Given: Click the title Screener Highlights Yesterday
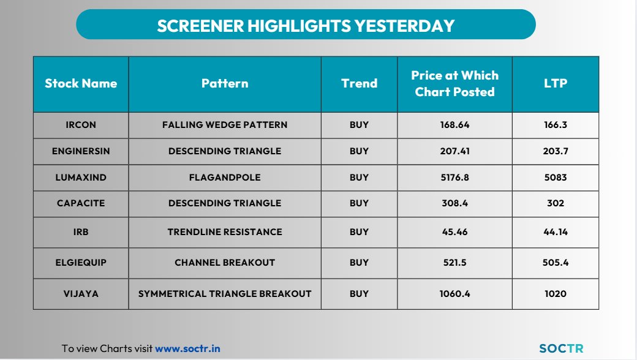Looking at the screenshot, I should [x=306, y=25].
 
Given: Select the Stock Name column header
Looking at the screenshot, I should [x=81, y=83].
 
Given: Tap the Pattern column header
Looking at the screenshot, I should [x=225, y=83].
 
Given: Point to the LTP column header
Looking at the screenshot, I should [x=555, y=83].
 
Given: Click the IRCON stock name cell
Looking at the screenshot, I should [x=81, y=125].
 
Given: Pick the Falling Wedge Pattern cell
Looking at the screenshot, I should [x=225, y=125].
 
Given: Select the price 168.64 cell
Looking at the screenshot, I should [x=454, y=125].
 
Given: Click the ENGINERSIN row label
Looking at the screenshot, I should [x=81, y=151].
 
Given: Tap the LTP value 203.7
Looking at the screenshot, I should [x=555, y=151].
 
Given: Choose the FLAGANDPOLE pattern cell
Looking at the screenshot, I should [x=225, y=178].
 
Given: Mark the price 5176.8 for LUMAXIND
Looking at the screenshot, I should [x=454, y=178].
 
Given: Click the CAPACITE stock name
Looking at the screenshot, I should [x=81, y=203].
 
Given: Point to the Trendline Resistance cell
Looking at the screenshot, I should [x=225, y=232].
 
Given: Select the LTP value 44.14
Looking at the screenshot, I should [x=555, y=232].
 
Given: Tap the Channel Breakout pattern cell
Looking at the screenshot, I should [x=225, y=263].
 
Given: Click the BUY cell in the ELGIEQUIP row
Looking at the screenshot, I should [x=359, y=263].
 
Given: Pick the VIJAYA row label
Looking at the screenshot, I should [x=81, y=294].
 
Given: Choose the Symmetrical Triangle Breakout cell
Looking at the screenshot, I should [x=225, y=294].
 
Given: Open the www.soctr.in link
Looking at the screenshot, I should [x=187, y=349].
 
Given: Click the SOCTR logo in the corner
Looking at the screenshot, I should [x=561, y=348].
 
